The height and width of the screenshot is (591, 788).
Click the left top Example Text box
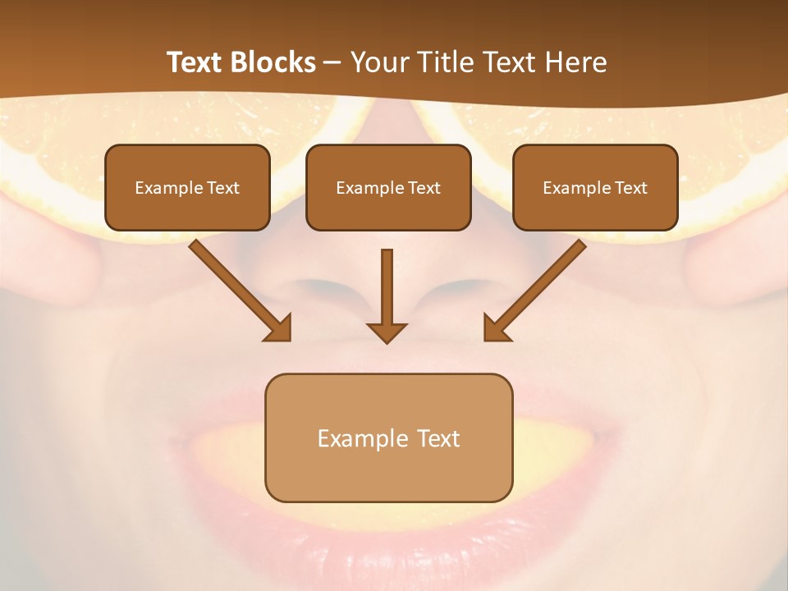187,187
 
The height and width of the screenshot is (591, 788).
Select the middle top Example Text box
388,187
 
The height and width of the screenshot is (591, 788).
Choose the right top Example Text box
595,187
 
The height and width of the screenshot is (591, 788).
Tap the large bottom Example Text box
388,438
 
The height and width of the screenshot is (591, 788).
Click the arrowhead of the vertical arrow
387,332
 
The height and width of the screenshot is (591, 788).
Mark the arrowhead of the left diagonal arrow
279,328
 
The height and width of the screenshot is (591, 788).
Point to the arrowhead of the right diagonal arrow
496,328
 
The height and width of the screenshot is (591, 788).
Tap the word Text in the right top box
630,188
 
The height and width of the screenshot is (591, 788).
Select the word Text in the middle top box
424,188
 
